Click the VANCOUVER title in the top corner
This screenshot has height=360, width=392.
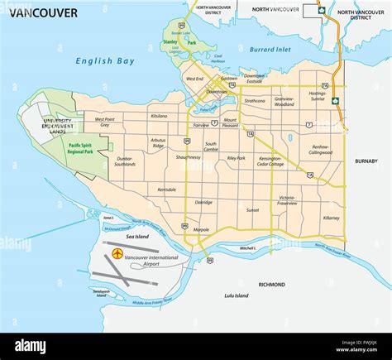tap(40, 12)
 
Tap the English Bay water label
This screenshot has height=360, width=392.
tap(104, 60)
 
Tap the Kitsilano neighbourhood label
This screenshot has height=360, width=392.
tap(160, 116)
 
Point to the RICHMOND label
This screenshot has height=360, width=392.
tap(271, 284)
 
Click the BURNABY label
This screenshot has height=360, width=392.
tap(366, 161)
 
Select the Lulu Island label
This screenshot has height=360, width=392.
tap(238, 295)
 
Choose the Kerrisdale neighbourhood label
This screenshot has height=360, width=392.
tap(166, 190)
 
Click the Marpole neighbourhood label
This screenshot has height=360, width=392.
tap(201, 229)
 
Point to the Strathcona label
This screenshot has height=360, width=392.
tap(255, 100)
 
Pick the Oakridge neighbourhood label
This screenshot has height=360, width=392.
tap(203, 202)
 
